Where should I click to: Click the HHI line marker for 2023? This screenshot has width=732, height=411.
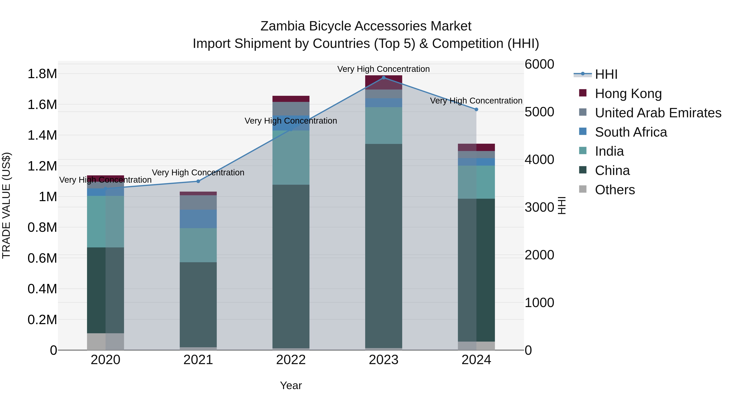384,78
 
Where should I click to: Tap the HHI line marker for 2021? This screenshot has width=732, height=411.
198,181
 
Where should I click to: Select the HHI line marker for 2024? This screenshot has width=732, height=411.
476,109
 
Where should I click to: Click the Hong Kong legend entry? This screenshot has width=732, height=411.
628,94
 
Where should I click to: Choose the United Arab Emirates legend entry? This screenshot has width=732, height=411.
658,113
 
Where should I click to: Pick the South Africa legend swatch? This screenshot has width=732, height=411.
583,132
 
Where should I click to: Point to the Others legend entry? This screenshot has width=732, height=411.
615,190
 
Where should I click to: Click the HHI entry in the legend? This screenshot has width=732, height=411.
606,74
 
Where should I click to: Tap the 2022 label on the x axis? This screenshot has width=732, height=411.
291,360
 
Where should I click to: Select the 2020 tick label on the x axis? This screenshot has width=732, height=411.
105,360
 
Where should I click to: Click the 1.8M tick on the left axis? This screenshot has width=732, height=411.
42,74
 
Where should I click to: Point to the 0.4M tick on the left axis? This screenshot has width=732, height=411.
42,289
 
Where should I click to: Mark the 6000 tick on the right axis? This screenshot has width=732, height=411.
539,64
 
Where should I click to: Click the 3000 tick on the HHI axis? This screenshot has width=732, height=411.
539,207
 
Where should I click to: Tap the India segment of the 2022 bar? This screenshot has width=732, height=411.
291,158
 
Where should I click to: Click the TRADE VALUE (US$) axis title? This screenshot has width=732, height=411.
6,205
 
